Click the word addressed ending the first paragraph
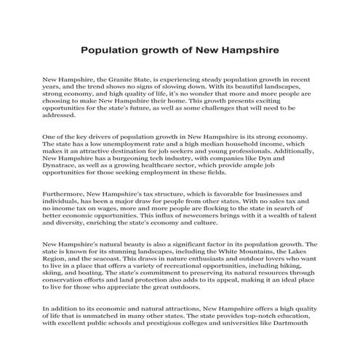pos(59,115)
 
